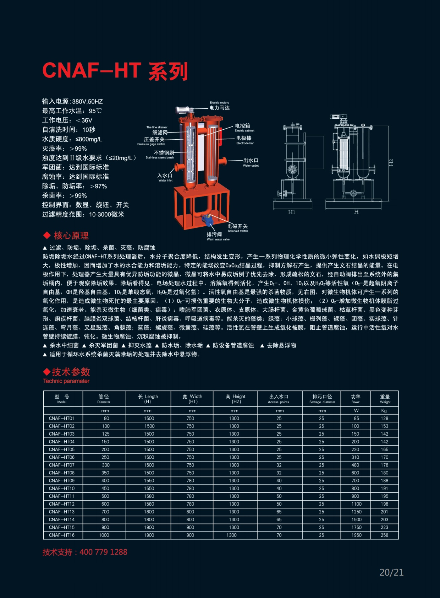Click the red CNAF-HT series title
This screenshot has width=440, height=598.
click(115, 71)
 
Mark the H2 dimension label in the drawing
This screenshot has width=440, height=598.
click(391, 163)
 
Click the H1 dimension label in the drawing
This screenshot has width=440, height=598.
click(291, 212)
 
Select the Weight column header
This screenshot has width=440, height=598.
click(385, 399)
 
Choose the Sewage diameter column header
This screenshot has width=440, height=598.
click(322, 399)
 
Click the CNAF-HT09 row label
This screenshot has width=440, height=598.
click(62, 480)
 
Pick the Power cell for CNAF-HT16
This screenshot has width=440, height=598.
click(357, 535)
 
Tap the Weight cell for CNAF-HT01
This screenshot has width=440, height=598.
click(385, 418)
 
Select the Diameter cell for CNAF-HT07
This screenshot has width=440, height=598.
click(106, 465)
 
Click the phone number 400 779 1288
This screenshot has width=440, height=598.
click(104, 552)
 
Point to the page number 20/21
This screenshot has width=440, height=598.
click(391, 572)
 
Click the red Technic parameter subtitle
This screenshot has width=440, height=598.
click(66, 381)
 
